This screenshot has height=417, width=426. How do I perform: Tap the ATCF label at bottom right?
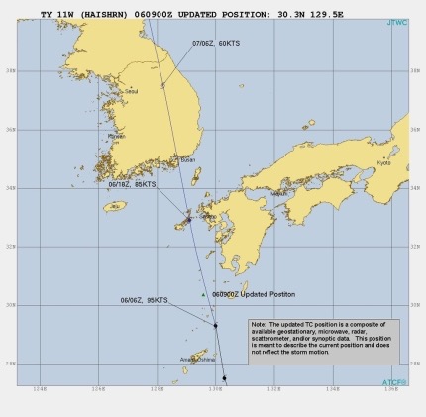pyautogui.click(x=395, y=381)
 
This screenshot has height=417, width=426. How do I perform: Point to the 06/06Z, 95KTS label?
pyautogui.click(x=146, y=299)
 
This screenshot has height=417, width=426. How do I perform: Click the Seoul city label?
pyautogui.click(x=130, y=92)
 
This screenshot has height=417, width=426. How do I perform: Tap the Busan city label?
pyautogui.click(x=187, y=160)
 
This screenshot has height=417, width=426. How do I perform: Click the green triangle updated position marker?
pyautogui.click(x=203, y=295)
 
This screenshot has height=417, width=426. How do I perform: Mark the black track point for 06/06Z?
pyautogui.click(x=215, y=325)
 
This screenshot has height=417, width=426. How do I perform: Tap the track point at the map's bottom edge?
pyautogui.click(x=224, y=377)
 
